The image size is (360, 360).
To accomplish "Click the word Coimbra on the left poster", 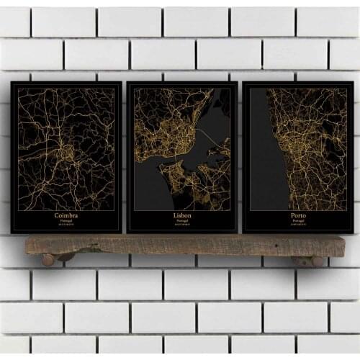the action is tap(66, 215).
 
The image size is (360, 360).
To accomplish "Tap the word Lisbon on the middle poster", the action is tap(182, 215).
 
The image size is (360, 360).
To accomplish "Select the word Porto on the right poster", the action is tap(297, 215).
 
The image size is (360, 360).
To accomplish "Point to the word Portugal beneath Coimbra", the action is tap(66, 220).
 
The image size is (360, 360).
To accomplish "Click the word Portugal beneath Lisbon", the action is tap(182, 220).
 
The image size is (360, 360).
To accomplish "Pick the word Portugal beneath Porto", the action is tap(297, 220).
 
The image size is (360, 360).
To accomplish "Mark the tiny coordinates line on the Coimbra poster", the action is tap(66, 225).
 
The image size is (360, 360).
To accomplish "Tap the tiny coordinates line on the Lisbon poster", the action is tap(182, 225).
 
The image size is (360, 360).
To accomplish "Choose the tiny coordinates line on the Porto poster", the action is tap(297, 225).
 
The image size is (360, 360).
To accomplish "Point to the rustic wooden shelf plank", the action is tap(180, 245).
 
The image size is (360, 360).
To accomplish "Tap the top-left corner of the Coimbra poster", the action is tap(12, 82).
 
